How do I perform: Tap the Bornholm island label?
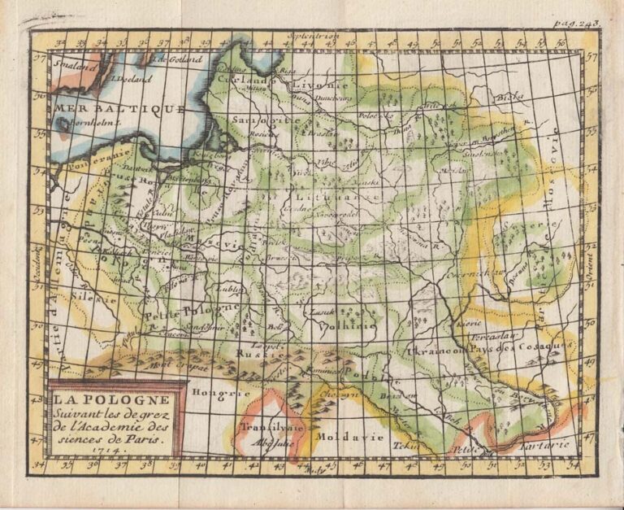pos(89,123)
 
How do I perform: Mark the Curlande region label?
pos(245,81)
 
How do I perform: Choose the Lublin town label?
pos(231,288)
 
